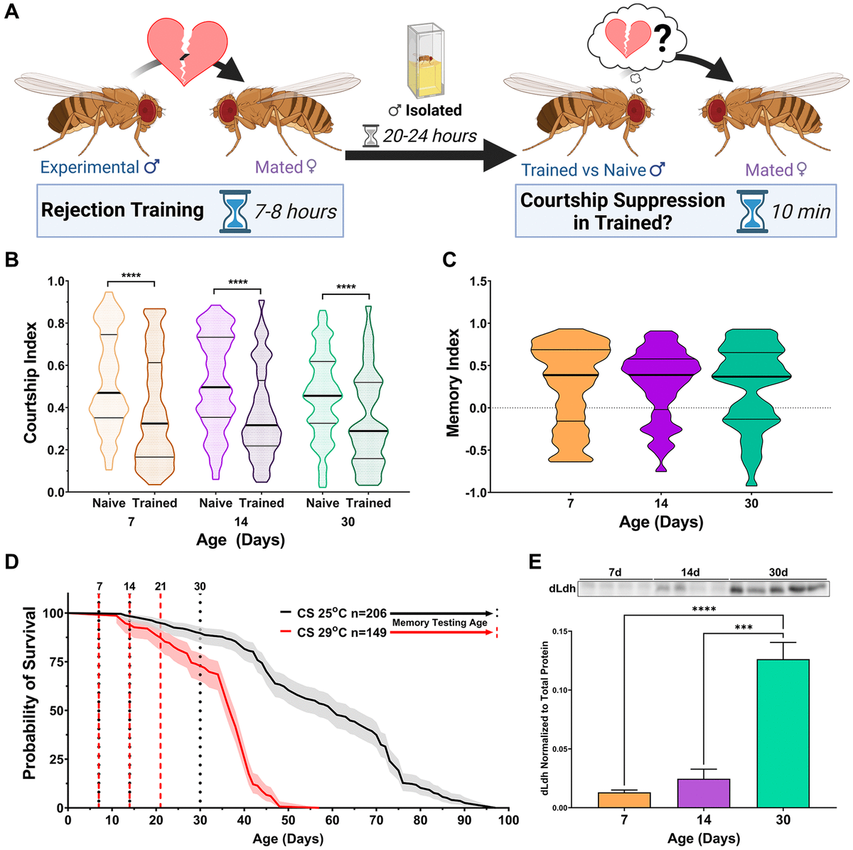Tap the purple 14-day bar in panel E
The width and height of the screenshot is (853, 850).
click(x=703, y=793)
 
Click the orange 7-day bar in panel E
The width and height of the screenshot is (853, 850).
click(x=624, y=800)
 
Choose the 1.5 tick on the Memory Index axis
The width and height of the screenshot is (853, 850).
click(x=479, y=282)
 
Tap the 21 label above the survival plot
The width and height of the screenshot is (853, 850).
click(x=161, y=586)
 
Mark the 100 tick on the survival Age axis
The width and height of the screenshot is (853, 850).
click(x=508, y=820)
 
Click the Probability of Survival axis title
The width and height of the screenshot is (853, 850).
click(x=29, y=693)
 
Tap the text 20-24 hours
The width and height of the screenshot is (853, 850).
click(x=429, y=136)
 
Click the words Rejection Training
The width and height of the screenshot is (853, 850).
click(x=122, y=210)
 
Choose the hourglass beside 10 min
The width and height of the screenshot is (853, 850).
click(x=752, y=211)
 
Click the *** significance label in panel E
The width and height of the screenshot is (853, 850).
click(x=743, y=628)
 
